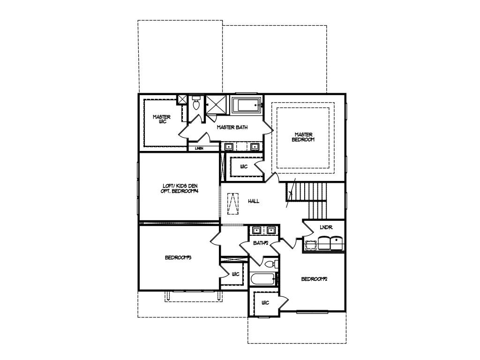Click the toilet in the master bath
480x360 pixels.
196,104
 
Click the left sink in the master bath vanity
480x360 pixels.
228,146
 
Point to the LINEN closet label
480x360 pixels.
199,148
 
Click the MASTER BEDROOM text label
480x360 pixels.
304,137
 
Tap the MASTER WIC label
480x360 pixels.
162,119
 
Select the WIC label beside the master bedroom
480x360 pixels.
244,166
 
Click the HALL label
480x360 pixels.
254,201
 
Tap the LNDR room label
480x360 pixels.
326,227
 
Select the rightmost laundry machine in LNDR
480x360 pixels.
337,243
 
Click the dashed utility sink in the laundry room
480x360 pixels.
311,245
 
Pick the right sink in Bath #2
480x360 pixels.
270,231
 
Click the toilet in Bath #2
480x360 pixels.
270,265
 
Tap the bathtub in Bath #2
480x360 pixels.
262,279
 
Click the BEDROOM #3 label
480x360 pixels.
179,257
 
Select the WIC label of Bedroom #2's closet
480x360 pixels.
265,303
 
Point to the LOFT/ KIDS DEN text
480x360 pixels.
180,186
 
